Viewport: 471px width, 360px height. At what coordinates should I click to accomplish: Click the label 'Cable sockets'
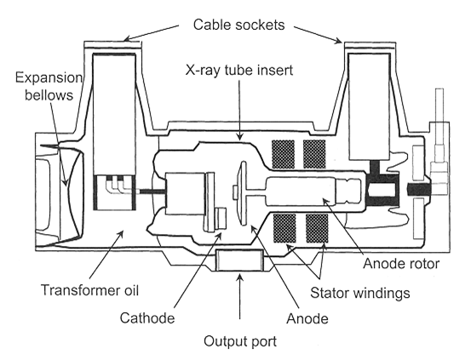[x=238, y=25]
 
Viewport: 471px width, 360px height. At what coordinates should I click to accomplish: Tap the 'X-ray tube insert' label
[x=239, y=71]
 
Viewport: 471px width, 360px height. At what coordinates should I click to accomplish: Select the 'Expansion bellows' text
[x=49, y=87]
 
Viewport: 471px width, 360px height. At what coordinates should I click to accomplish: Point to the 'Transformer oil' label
[x=89, y=290]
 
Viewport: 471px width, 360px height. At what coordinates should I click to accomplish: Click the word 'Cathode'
[x=147, y=318]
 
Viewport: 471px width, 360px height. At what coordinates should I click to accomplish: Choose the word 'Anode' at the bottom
[x=307, y=318]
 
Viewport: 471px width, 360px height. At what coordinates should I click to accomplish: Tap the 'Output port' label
[x=240, y=341]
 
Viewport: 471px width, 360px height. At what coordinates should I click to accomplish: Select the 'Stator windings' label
[x=360, y=293]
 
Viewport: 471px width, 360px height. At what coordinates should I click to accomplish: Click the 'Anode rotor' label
[x=401, y=264]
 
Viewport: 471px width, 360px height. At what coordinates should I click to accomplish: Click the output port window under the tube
[x=239, y=260]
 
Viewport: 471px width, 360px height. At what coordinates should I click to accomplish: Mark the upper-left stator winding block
[x=283, y=154]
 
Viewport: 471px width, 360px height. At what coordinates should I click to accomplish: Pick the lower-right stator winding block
[x=317, y=228]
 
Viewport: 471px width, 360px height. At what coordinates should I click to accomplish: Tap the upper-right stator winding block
[x=314, y=154]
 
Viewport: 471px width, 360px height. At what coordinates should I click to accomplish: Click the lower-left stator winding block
[x=284, y=228]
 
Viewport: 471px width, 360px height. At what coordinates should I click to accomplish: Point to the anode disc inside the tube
[x=242, y=192]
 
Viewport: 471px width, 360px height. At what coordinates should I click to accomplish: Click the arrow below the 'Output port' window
[x=239, y=296]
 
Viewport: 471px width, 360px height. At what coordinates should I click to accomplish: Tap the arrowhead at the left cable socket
[x=129, y=38]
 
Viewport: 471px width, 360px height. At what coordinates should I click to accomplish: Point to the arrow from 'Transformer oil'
[x=106, y=254]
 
